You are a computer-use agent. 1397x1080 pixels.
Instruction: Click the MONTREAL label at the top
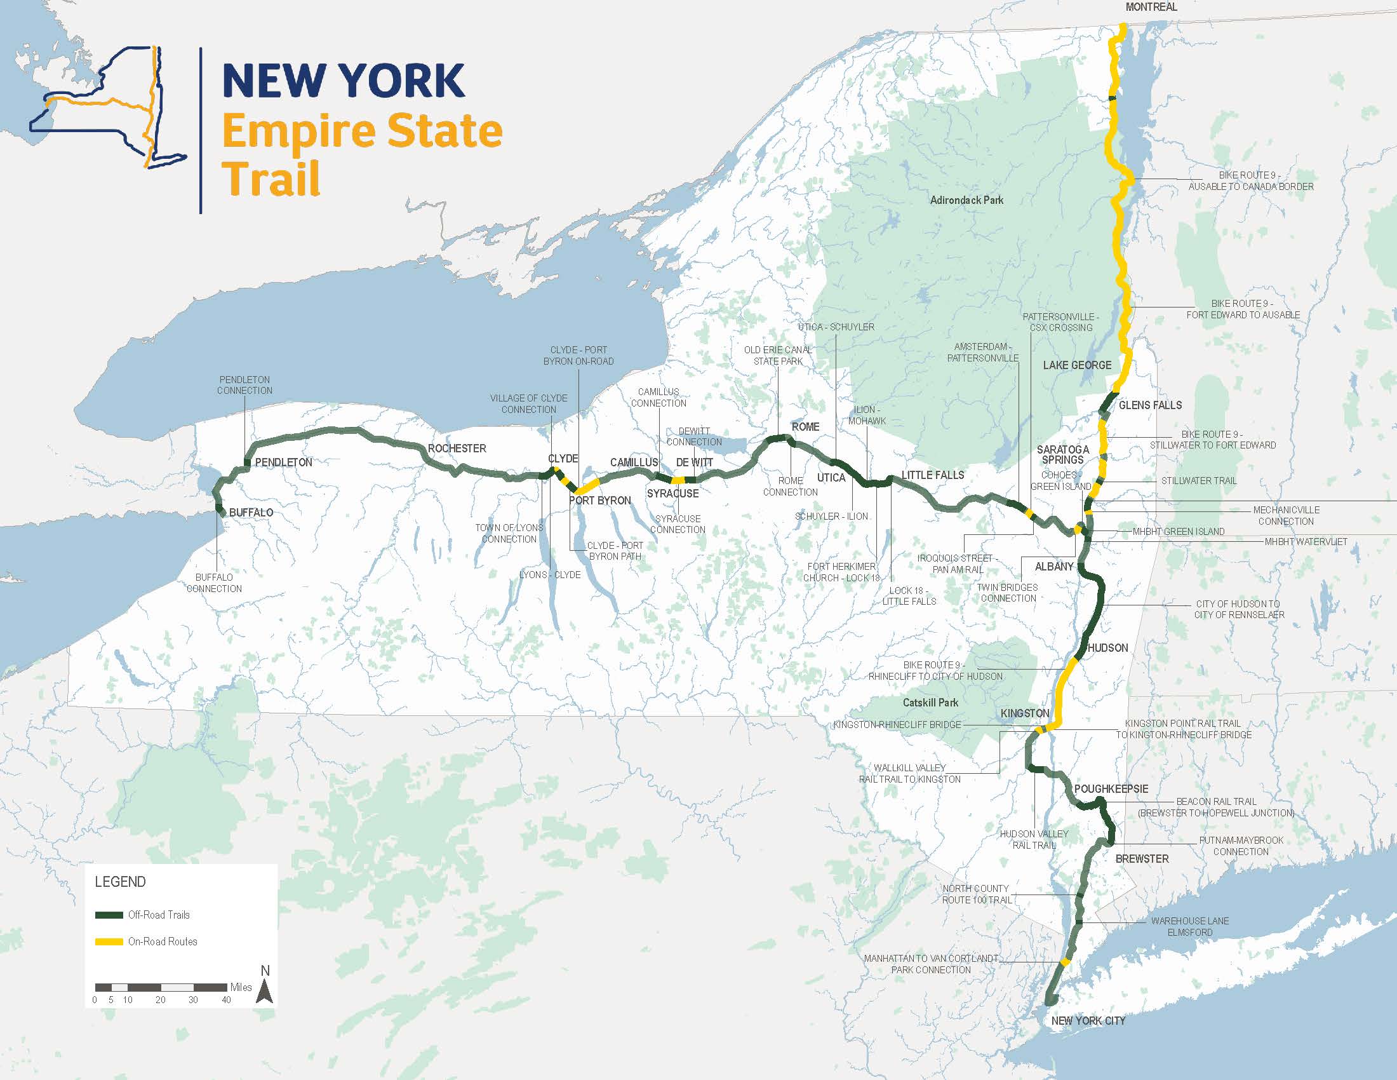point(1151,7)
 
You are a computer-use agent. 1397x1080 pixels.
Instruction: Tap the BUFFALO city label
point(251,513)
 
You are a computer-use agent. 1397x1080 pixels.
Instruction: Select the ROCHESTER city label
point(457,449)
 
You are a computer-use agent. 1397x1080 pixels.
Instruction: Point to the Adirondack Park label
point(966,200)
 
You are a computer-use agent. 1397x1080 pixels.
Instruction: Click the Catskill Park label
point(930,703)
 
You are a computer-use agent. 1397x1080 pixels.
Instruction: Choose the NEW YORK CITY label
point(1088,1020)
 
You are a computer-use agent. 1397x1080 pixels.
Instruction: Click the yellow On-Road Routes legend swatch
point(109,942)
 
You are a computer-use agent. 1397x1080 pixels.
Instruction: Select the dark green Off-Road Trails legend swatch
point(109,915)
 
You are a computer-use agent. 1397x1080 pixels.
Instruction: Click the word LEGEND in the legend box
point(120,882)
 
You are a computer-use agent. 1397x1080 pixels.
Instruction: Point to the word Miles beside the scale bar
point(241,987)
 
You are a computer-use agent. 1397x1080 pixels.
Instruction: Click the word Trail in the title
point(271,179)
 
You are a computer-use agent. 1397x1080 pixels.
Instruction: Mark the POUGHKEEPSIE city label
point(1111,789)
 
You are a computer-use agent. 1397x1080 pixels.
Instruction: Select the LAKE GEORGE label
point(1077,365)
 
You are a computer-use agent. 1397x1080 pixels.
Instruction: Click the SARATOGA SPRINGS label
point(1062,455)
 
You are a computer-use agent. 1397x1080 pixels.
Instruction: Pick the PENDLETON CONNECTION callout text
point(244,385)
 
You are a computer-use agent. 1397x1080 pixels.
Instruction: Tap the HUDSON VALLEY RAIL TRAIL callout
point(1034,839)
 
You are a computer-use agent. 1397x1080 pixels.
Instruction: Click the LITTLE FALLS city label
point(932,475)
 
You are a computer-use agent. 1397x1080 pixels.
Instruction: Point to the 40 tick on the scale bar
point(226,1000)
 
